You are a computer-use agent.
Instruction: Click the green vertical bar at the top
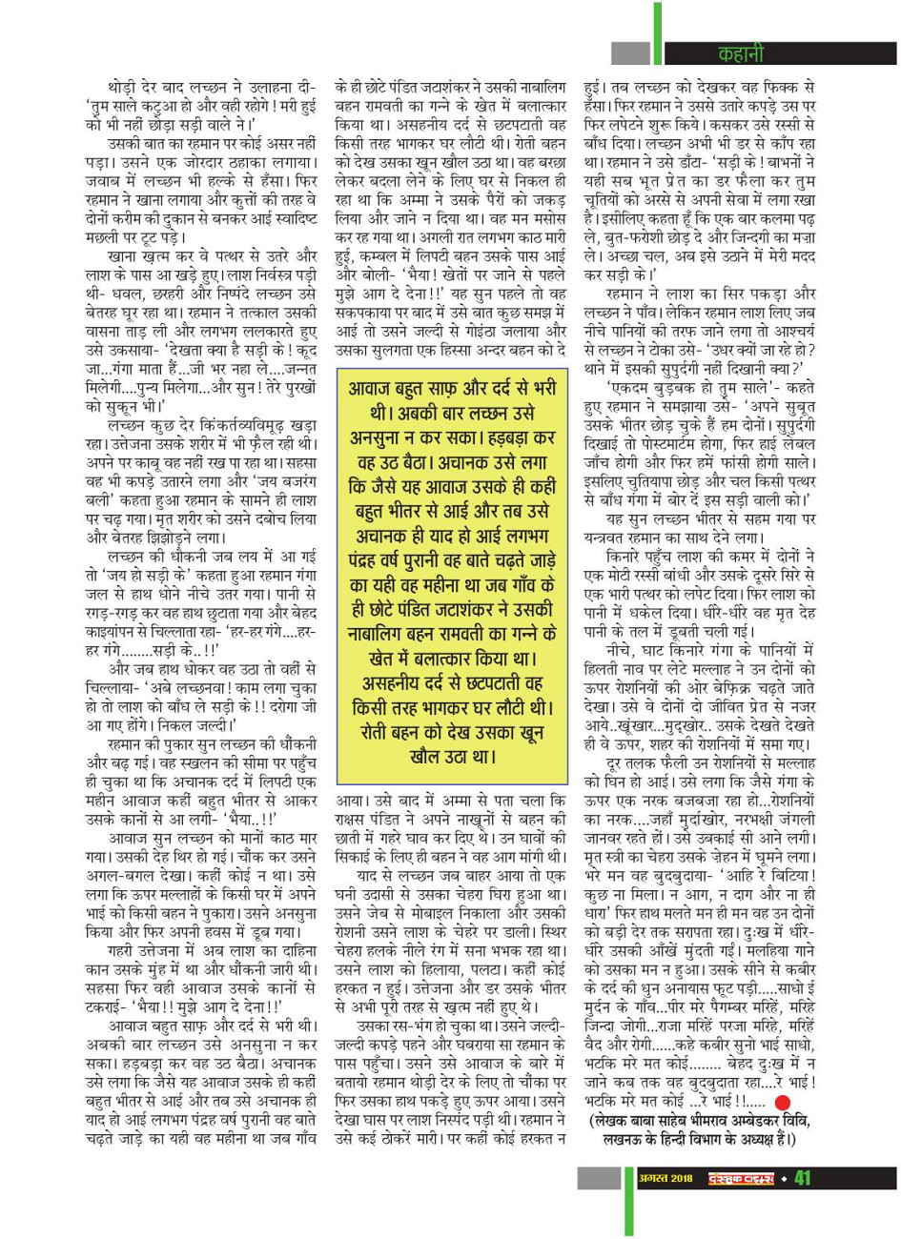coord(658,29)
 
